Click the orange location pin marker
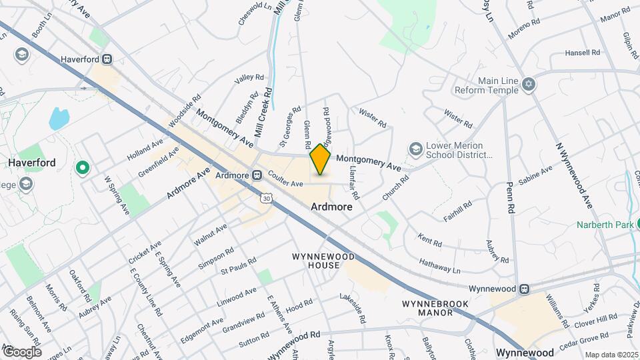click(x=321, y=159)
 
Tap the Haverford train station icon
click(x=107, y=59)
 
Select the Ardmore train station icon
click(x=257, y=175)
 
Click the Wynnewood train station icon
click(x=525, y=289)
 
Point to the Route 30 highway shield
click(x=267, y=198)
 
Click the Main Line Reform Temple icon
click(x=530, y=83)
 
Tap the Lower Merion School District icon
click(x=417, y=147)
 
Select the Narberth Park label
click(x=605, y=225)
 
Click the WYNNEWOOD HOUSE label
click(x=316, y=261)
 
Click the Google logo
click(x=21, y=351)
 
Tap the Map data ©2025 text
click(x=611, y=354)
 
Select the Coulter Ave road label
click(x=286, y=179)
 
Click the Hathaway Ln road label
click(x=439, y=266)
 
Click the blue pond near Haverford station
click(x=59, y=119)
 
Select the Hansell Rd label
click(x=583, y=53)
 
